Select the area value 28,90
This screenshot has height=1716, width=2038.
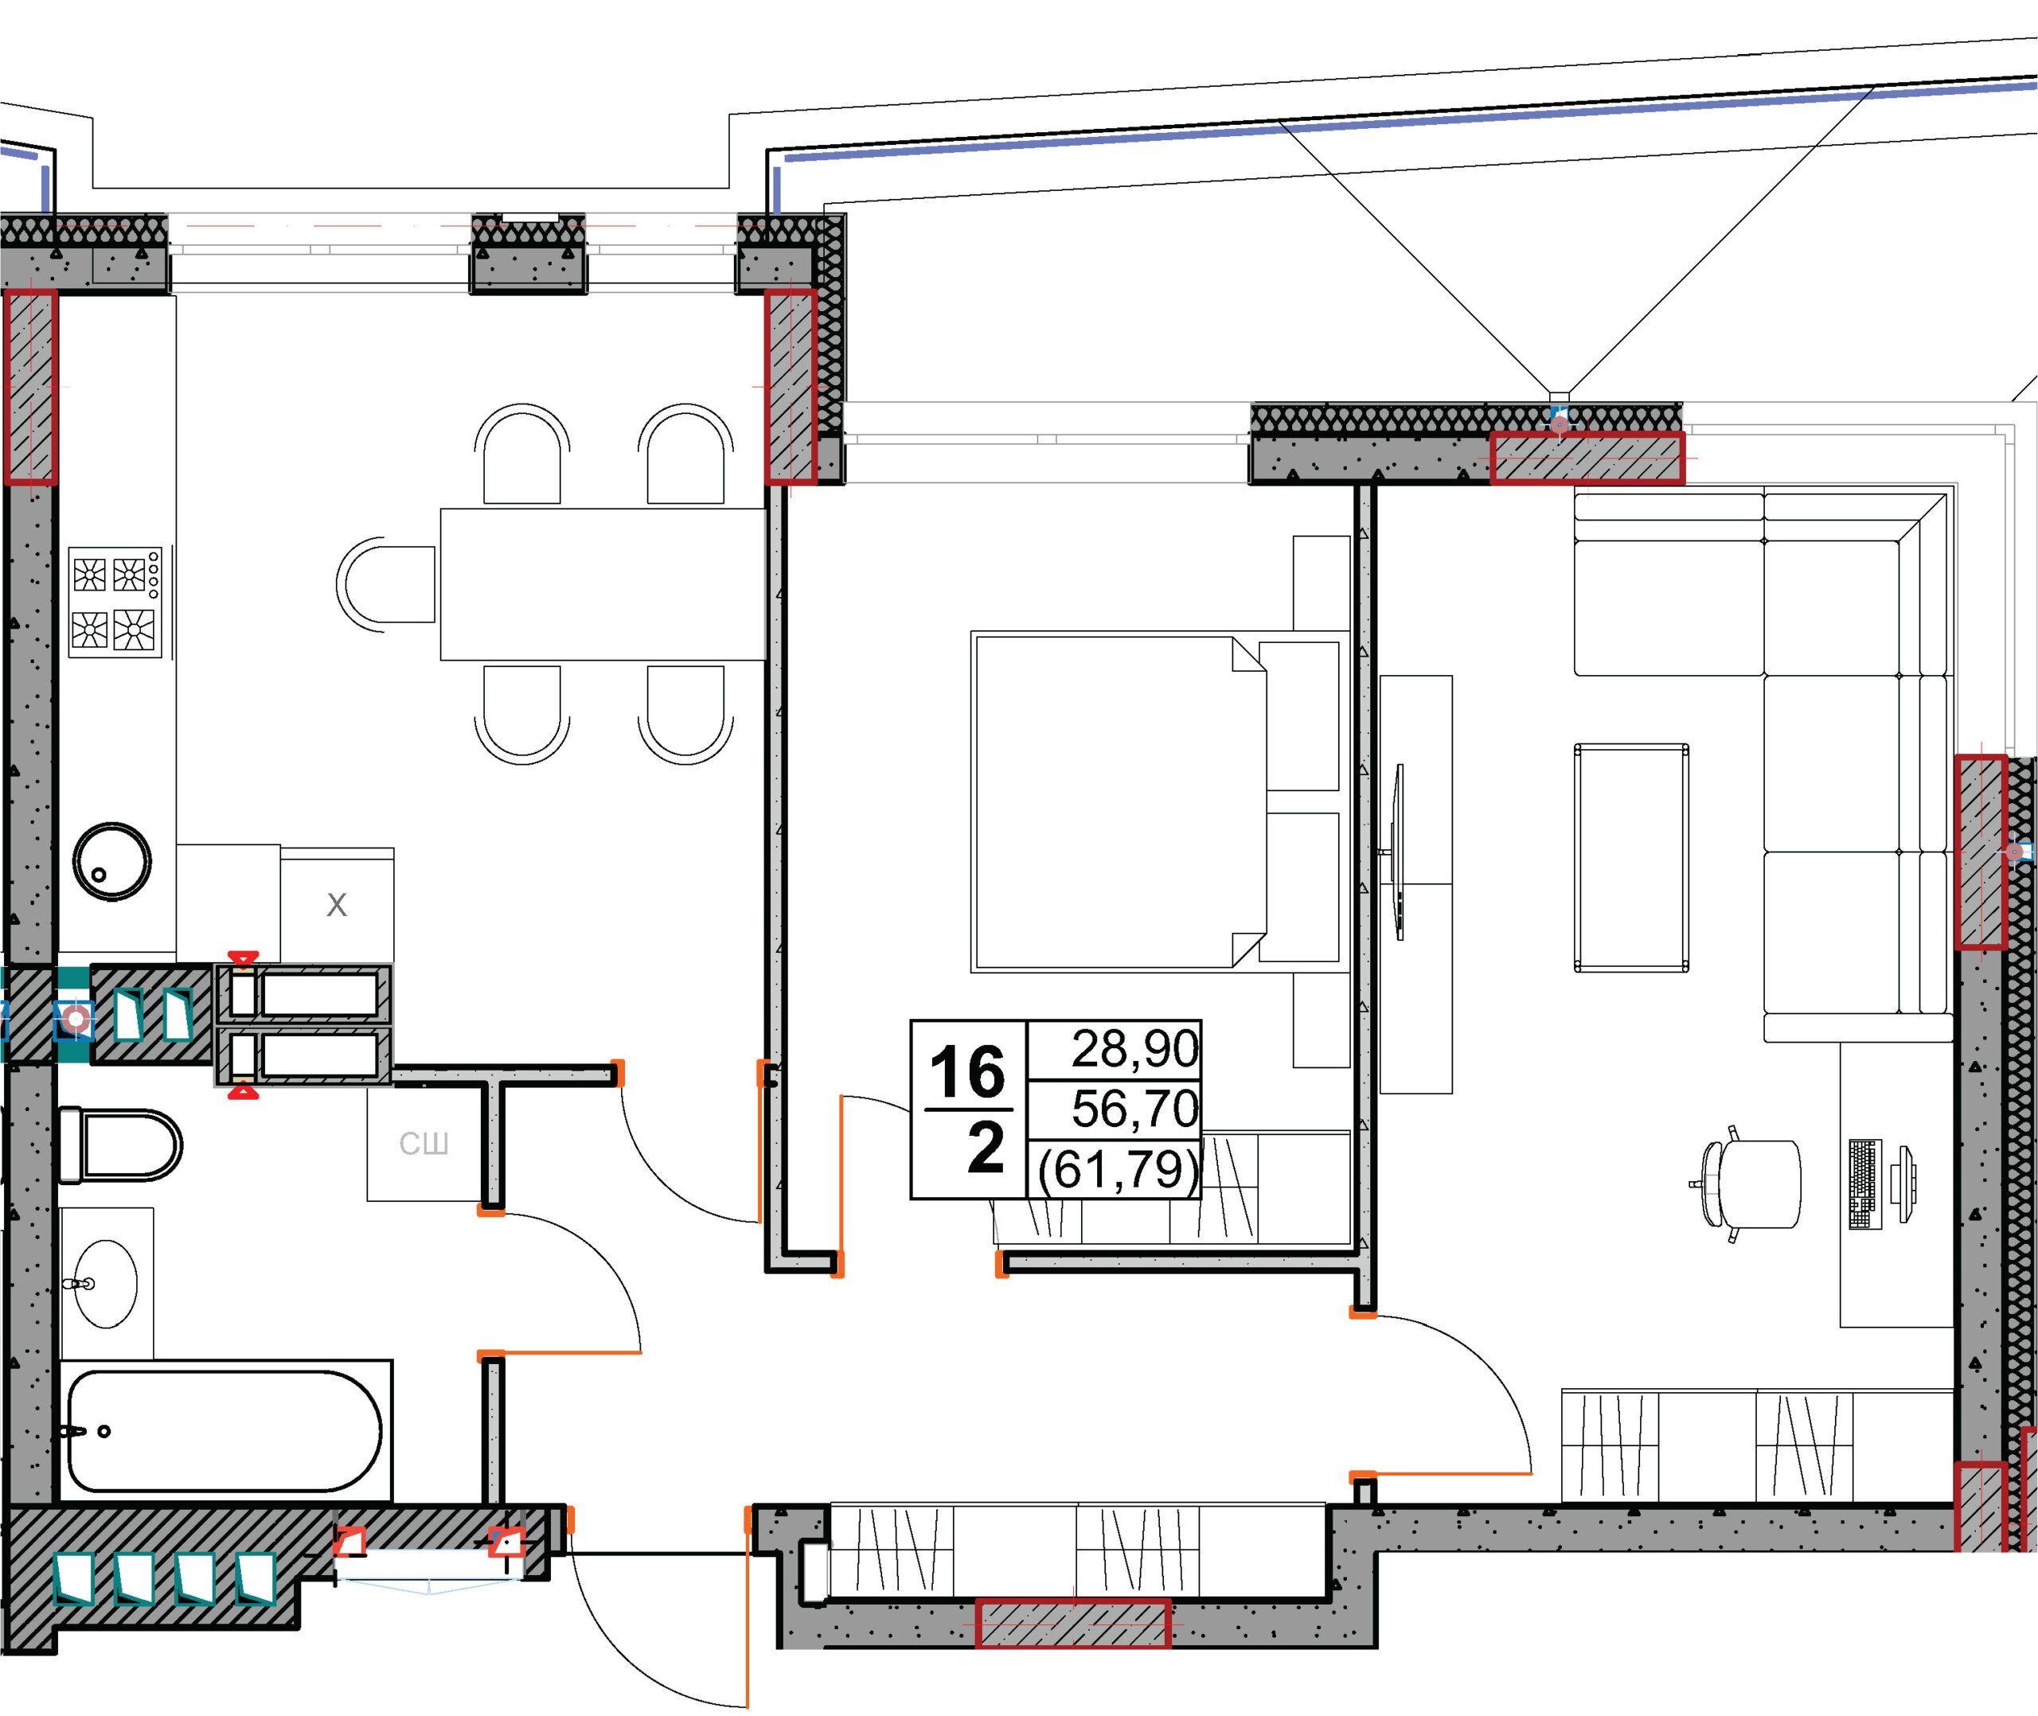[1134, 1049]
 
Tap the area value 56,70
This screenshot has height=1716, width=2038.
[1134, 1108]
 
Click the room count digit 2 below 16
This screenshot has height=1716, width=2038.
[986, 1148]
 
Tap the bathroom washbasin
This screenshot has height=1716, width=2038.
[106, 1283]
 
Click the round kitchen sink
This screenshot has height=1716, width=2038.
[112, 862]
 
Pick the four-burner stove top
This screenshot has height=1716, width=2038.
[115, 603]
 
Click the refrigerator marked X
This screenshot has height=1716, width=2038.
[337, 905]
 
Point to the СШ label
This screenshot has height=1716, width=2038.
[424, 1143]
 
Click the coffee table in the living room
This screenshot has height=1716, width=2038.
[1631, 858]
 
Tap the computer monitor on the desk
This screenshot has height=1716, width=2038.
[1903, 1183]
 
